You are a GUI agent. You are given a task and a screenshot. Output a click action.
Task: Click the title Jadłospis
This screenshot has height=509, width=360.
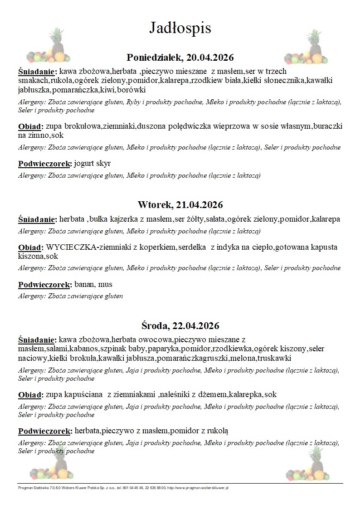(180, 28)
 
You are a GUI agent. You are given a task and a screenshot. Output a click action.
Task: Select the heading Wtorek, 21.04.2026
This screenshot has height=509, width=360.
(180, 204)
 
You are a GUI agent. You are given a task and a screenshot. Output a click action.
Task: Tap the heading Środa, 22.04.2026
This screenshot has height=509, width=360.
(180, 325)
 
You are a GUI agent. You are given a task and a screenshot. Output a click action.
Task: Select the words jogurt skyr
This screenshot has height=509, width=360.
(92, 163)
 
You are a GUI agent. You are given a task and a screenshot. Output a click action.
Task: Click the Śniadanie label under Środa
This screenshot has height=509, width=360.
(37, 339)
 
